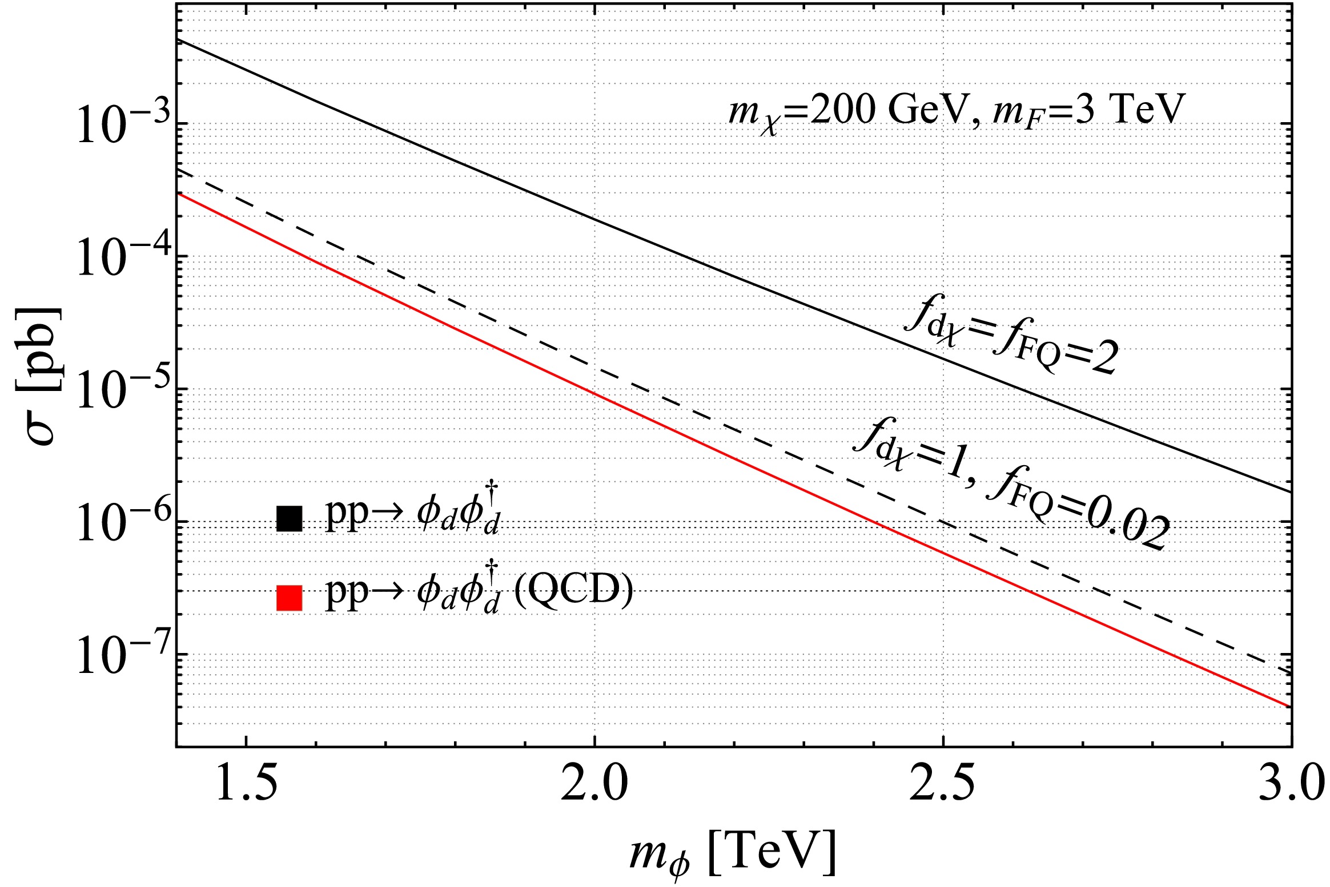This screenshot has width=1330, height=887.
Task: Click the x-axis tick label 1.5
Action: pyautogui.click(x=246, y=785)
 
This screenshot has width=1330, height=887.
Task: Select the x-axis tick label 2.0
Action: pyautogui.click(x=594, y=785)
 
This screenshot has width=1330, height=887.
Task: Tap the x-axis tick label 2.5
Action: pyautogui.click(x=943, y=785)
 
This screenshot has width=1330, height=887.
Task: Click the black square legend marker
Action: pyautogui.click(x=289, y=518)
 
